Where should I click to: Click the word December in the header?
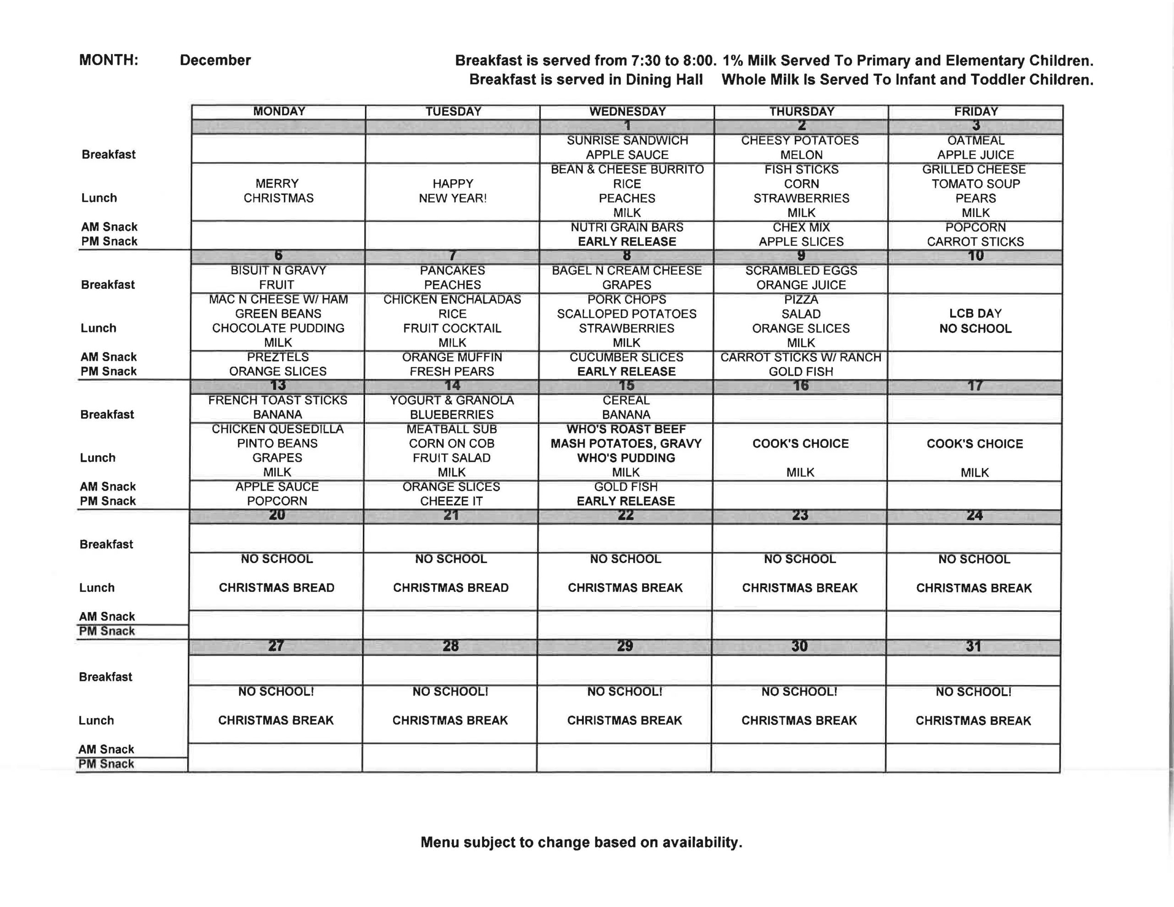pos(215,60)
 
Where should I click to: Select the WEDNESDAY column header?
pos(627,111)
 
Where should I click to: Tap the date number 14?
pos(452,386)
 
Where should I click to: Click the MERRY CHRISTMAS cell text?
pos(278,191)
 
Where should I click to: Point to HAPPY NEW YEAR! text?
pos(453,191)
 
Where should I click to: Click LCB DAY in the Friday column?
pos(975,314)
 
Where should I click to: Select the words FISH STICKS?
pos(801,169)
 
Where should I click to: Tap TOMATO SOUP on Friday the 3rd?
pos(975,184)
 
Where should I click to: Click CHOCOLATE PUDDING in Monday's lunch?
pos(278,328)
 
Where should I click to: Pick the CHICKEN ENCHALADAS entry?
pos(452,299)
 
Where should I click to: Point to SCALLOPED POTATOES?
pos(626,314)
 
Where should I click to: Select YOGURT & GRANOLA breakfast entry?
pos(452,401)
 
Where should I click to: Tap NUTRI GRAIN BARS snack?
pos(627,227)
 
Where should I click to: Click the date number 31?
pos(973,646)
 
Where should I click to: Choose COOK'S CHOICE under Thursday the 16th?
pos(800,443)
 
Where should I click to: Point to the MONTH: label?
pos(109,60)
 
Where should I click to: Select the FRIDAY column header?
pos(975,111)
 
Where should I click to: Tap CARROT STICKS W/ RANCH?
pos(800,358)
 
